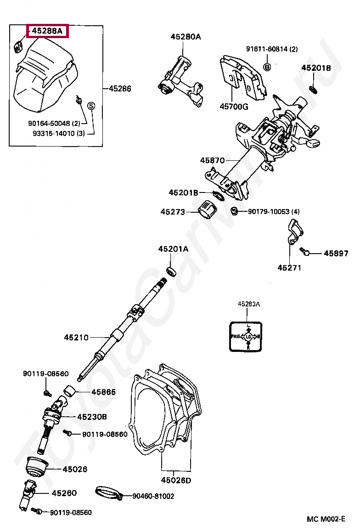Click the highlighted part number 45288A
[x=47, y=31]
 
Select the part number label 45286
[x=120, y=89]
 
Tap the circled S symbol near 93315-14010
[x=91, y=106]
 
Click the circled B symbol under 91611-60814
[x=267, y=67]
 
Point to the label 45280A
[x=186, y=36]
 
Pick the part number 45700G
[x=233, y=107]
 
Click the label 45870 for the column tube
[x=212, y=160]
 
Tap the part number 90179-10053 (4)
[x=273, y=211]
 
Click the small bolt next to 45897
[x=305, y=251]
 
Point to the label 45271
[x=289, y=267]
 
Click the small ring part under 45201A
[x=172, y=271]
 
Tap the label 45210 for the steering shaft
[x=76, y=338]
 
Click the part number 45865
[x=103, y=392]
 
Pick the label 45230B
[x=92, y=417]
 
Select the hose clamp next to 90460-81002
[x=108, y=492]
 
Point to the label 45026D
[x=175, y=481]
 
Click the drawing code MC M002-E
[x=326, y=519]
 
